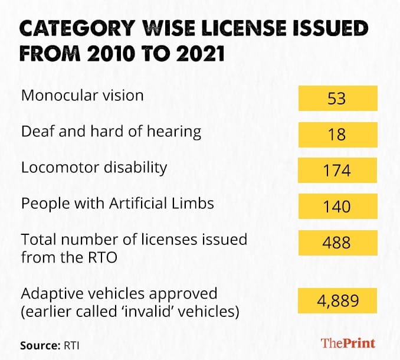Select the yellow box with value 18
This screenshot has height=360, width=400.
point(337,135)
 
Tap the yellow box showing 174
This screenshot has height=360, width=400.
point(337,171)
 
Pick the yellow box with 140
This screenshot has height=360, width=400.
point(337,207)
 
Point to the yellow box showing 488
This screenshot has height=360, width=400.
point(337,243)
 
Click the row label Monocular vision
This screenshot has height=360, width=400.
point(82,95)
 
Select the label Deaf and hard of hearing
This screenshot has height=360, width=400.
point(111,131)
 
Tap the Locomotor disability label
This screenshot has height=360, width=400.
point(94,167)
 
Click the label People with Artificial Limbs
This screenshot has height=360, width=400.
point(117,204)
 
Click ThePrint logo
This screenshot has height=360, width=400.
point(347,342)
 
